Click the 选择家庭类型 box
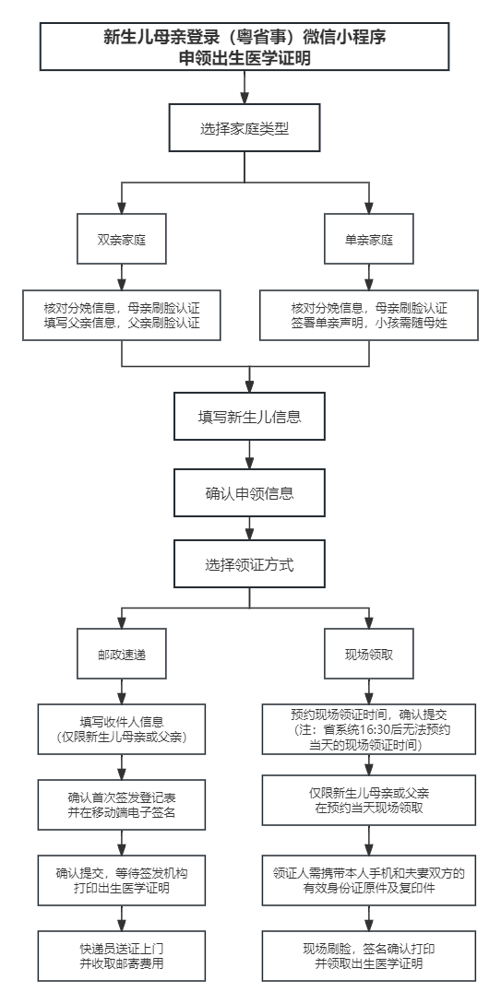tap(245, 128)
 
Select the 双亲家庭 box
tap(122, 240)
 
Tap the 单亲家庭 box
tap(369, 240)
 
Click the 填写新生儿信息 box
tap(250, 416)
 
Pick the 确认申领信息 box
tap(250, 492)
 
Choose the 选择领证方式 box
tap(250, 564)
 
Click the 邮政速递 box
tap(122, 654)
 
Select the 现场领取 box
tap(369, 654)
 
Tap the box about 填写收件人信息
tap(122, 729)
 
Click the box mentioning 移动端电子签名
tap(122, 805)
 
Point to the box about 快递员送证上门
tap(122, 956)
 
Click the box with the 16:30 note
tap(369, 729)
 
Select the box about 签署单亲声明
tap(369, 315)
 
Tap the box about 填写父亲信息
tap(122, 315)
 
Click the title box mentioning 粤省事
tap(245, 47)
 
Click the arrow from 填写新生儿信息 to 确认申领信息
tap(250, 455)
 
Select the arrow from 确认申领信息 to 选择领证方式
tap(250, 528)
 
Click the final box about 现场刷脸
tap(369, 956)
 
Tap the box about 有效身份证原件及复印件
tap(369, 880)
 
